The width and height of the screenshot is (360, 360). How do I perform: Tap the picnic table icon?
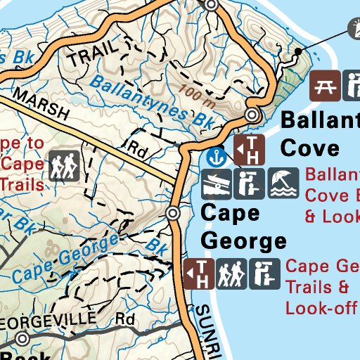pos(325,85)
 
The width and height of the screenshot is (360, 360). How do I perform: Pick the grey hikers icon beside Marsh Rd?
pos(63,167)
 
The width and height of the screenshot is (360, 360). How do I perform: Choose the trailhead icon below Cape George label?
pos(198,274)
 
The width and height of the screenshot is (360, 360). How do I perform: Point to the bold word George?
pos(243,240)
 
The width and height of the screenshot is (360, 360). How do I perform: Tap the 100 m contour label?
pos(195,91)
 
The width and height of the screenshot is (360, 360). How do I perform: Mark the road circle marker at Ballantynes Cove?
pos(252,115)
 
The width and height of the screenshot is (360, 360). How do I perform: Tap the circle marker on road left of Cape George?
pos(174,213)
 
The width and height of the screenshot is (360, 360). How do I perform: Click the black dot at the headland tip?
pos(298,51)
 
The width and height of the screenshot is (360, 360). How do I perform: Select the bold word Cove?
pos(309,147)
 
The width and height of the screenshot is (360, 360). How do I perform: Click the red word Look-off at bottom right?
pos(320,307)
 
